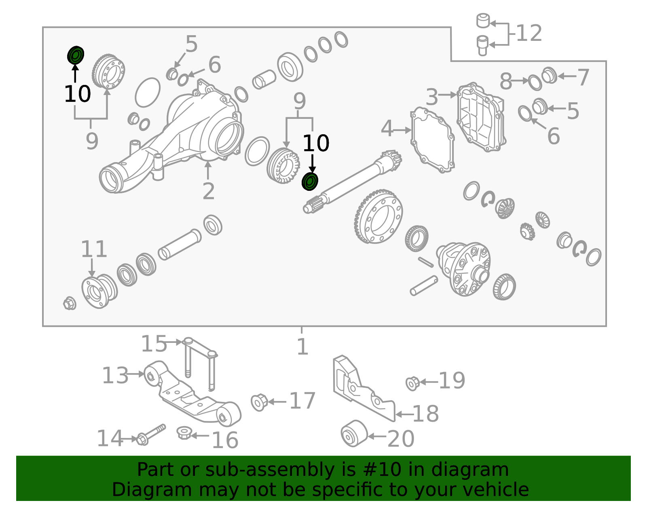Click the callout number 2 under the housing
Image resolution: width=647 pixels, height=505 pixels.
coord(208,191)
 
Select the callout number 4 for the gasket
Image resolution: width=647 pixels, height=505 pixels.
coord(387,129)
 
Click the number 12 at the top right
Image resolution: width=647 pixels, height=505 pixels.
coord(529,33)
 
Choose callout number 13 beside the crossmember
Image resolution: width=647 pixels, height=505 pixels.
coord(115,376)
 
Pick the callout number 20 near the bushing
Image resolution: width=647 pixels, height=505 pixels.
coord(401,438)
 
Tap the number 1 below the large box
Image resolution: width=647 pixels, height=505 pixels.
coord(302,347)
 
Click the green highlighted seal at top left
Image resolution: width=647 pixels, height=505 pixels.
coord(76,55)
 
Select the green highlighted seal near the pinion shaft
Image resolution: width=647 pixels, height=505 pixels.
coord(310,182)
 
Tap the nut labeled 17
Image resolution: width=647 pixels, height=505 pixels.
coord(259,402)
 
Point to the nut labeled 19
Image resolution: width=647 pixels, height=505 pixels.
coord(412,383)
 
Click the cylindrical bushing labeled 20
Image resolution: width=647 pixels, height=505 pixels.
coord(354,433)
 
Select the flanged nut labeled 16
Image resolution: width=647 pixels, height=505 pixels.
coord(184,433)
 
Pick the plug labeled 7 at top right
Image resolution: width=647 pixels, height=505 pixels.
coord(549,75)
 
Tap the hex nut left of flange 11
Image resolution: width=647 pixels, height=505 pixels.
coord(70,303)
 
